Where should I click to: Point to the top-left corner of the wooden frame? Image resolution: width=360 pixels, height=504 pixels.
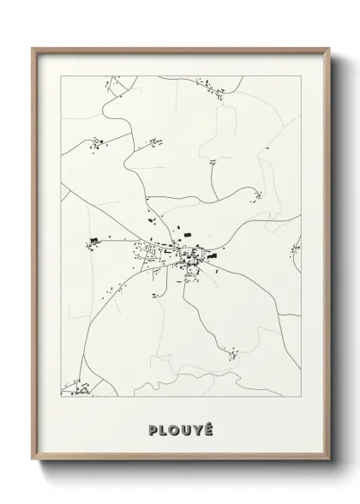coord(33,48)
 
